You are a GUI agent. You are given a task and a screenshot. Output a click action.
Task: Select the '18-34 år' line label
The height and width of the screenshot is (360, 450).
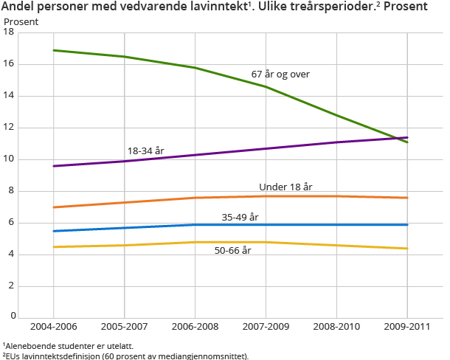click(x=145, y=150)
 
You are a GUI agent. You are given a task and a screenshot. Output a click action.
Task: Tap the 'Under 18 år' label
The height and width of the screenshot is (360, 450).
click(x=285, y=187)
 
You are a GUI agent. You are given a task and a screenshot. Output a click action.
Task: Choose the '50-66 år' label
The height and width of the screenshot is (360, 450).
click(x=232, y=251)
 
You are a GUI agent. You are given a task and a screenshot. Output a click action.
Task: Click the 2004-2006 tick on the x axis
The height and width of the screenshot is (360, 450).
click(x=53, y=325)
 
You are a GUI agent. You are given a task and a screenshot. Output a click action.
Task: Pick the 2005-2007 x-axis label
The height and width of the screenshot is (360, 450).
click(x=124, y=325)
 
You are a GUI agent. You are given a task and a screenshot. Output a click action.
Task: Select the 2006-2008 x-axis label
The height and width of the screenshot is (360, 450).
click(x=195, y=325)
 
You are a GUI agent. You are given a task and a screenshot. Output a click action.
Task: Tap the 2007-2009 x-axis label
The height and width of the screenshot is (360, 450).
click(x=266, y=325)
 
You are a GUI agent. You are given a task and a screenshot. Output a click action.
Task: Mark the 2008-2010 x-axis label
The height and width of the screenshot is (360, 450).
click(x=336, y=325)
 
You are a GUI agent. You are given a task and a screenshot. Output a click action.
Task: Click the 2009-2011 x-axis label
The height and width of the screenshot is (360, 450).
click(x=407, y=325)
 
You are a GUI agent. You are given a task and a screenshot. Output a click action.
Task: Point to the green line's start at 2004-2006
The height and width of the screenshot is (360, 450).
click(x=53, y=50)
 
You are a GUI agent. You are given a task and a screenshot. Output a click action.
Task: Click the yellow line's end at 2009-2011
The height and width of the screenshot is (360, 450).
click(x=407, y=249)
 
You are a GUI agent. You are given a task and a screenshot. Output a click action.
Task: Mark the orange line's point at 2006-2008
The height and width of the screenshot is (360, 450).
click(x=195, y=198)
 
